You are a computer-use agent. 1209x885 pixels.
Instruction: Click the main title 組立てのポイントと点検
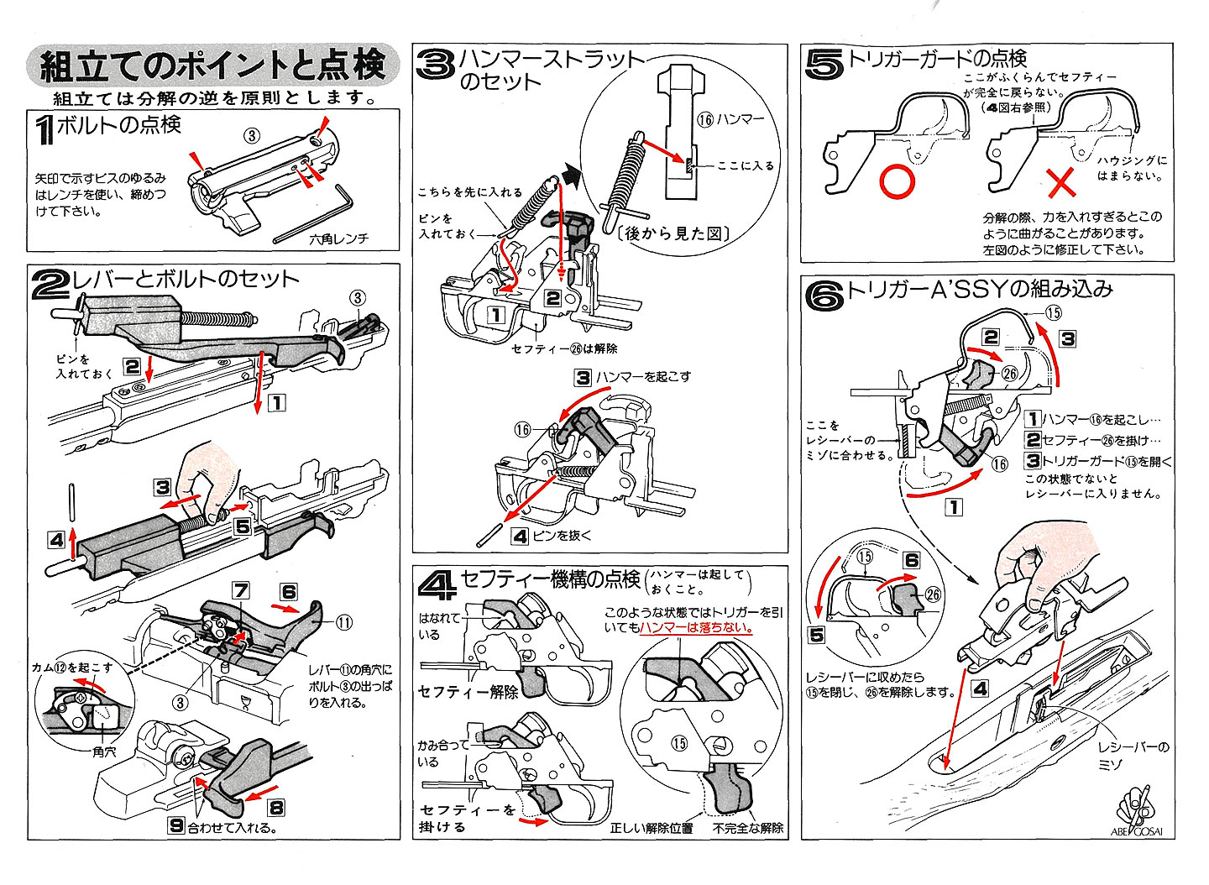coord(213,65)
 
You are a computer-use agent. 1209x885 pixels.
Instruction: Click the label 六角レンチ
coord(338,239)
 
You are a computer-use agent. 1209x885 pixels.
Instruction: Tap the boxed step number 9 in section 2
coord(175,825)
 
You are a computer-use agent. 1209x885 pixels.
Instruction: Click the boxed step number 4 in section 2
coord(56,540)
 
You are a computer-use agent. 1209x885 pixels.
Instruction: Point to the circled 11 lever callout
coord(344,622)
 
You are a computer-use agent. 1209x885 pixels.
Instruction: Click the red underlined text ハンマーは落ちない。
coord(696,627)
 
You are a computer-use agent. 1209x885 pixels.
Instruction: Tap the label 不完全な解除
coord(748,829)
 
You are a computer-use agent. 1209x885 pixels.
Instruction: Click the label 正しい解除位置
coord(652,829)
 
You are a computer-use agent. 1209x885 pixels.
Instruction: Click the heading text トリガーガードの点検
coord(938,59)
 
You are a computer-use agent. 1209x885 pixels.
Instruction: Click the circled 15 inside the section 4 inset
coord(679,743)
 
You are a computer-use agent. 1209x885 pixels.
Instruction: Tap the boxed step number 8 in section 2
coord(275,809)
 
